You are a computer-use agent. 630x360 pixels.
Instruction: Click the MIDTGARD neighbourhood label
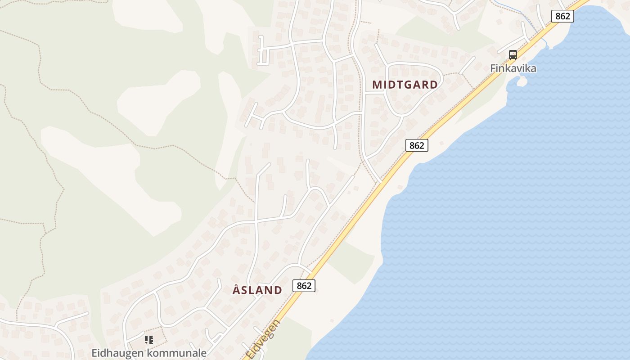coord(405,85)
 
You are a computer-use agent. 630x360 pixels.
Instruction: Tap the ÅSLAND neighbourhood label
coord(257,290)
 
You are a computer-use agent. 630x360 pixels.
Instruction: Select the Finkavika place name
coord(513,69)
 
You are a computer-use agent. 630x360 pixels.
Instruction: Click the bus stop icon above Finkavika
coord(513,55)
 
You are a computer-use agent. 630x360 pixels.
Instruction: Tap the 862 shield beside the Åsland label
coord(304,286)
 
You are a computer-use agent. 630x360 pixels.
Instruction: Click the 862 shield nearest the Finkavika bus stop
coord(562,16)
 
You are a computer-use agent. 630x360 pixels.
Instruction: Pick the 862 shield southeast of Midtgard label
coord(417,145)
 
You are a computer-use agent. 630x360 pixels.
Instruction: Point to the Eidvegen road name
coord(264,340)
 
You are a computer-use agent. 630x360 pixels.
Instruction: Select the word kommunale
coord(178,353)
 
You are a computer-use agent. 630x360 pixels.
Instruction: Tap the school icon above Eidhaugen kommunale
coord(149,340)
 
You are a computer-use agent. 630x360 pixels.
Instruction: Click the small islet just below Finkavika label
coord(522,81)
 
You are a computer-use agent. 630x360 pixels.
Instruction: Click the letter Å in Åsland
coord(237,289)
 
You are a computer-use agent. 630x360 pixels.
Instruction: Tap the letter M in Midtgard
coord(377,85)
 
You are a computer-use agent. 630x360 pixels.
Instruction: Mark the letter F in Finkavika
coord(493,69)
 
